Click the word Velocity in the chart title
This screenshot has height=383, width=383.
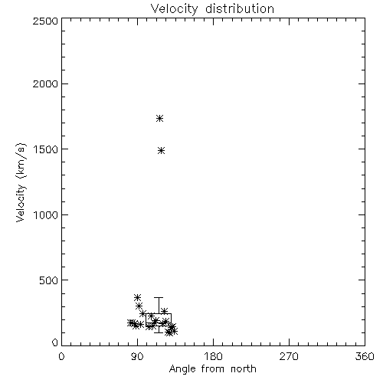pyautogui.click(x=175, y=8)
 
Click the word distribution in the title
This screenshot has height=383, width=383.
pyautogui.click(x=240, y=8)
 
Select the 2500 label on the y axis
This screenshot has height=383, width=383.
pyautogui.click(x=45, y=21)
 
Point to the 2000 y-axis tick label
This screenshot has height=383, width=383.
pyautogui.click(x=45, y=83)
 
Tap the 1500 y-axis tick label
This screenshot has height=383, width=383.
pyautogui.click(x=46, y=149)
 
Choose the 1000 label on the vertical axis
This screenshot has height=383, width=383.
pyautogui.click(x=46, y=214)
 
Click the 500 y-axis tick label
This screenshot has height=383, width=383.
pyautogui.click(x=49, y=280)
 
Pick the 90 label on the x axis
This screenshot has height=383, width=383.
pyautogui.click(x=137, y=356)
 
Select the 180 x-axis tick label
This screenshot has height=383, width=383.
pyautogui.click(x=213, y=356)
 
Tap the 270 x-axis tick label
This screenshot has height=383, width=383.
pyautogui.click(x=289, y=356)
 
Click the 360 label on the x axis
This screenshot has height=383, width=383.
pyautogui.click(x=365, y=356)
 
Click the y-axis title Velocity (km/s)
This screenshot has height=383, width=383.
pyautogui.click(x=21, y=182)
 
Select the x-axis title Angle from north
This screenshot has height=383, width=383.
pyautogui.click(x=213, y=369)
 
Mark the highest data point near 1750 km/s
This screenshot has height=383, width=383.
pyautogui.click(x=159, y=118)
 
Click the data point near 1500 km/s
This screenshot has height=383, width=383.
pyautogui.click(x=161, y=150)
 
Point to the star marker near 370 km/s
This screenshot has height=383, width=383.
pyautogui.click(x=138, y=297)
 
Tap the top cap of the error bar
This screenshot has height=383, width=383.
pyautogui.click(x=159, y=297)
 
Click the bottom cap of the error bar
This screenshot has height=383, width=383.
pyautogui.click(x=159, y=332)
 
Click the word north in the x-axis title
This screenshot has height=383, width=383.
pyautogui.click(x=244, y=368)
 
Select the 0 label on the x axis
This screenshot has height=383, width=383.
pyautogui.click(x=61, y=356)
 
